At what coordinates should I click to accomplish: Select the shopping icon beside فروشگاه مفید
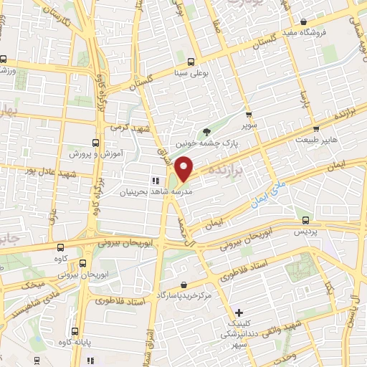pyautogui.click(x=304, y=22)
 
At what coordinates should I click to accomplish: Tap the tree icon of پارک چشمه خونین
pyautogui.click(x=207, y=131)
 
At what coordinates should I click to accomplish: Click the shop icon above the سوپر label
pyautogui.click(x=249, y=114)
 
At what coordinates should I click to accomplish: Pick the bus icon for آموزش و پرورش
pyautogui.click(x=96, y=143)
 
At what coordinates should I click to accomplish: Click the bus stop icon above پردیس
pyautogui.click(x=307, y=220)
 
